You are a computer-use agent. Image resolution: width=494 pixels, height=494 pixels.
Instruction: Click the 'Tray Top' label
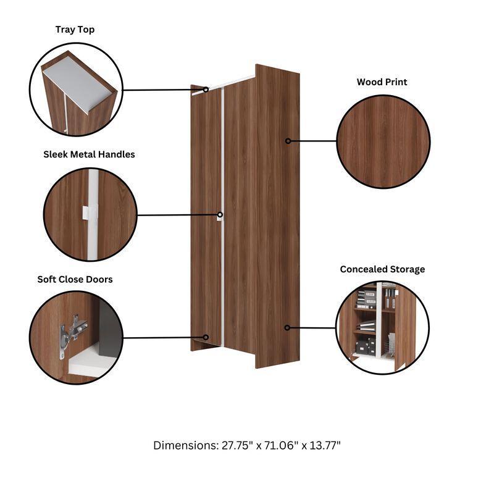pyautogui.click(x=75, y=30)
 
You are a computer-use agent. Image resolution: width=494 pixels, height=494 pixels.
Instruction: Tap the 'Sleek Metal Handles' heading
pyautogui.click(x=89, y=154)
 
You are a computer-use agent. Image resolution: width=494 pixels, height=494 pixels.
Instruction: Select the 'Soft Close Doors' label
pyautogui.click(x=75, y=279)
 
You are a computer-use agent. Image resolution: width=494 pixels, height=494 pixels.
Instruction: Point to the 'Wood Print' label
pyautogui.click(x=382, y=82)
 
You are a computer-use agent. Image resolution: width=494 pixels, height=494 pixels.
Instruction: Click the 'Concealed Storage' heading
pyautogui.click(x=382, y=269)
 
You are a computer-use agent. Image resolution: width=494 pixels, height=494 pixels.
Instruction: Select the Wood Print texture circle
pyautogui.click(x=383, y=141)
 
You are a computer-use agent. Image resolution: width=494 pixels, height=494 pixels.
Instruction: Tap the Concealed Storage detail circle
pyautogui.click(x=383, y=328)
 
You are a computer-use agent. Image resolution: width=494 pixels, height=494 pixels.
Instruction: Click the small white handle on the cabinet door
pyautogui.click(x=220, y=216)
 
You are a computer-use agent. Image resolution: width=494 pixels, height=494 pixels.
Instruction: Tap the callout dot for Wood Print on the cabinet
pyautogui.click(x=288, y=141)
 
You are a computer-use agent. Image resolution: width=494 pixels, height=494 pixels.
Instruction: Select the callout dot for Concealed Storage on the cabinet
pyautogui.click(x=288, y=327)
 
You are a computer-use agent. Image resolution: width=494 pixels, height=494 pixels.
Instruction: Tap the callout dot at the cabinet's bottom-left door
pyautogui.click(x=207, y=337)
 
